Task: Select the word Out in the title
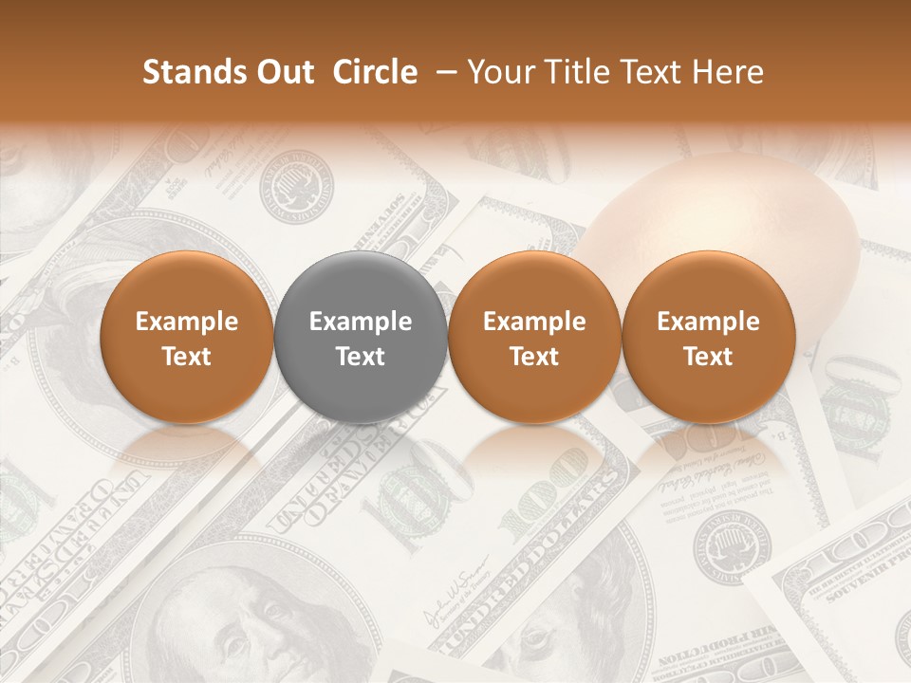284,72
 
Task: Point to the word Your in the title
499,72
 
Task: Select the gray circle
361,338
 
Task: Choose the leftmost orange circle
186,338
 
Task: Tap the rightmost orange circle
708,338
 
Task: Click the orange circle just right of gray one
534,338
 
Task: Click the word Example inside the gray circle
361,322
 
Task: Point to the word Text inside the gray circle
361,357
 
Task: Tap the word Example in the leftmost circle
186,322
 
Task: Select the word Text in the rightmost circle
708,357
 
